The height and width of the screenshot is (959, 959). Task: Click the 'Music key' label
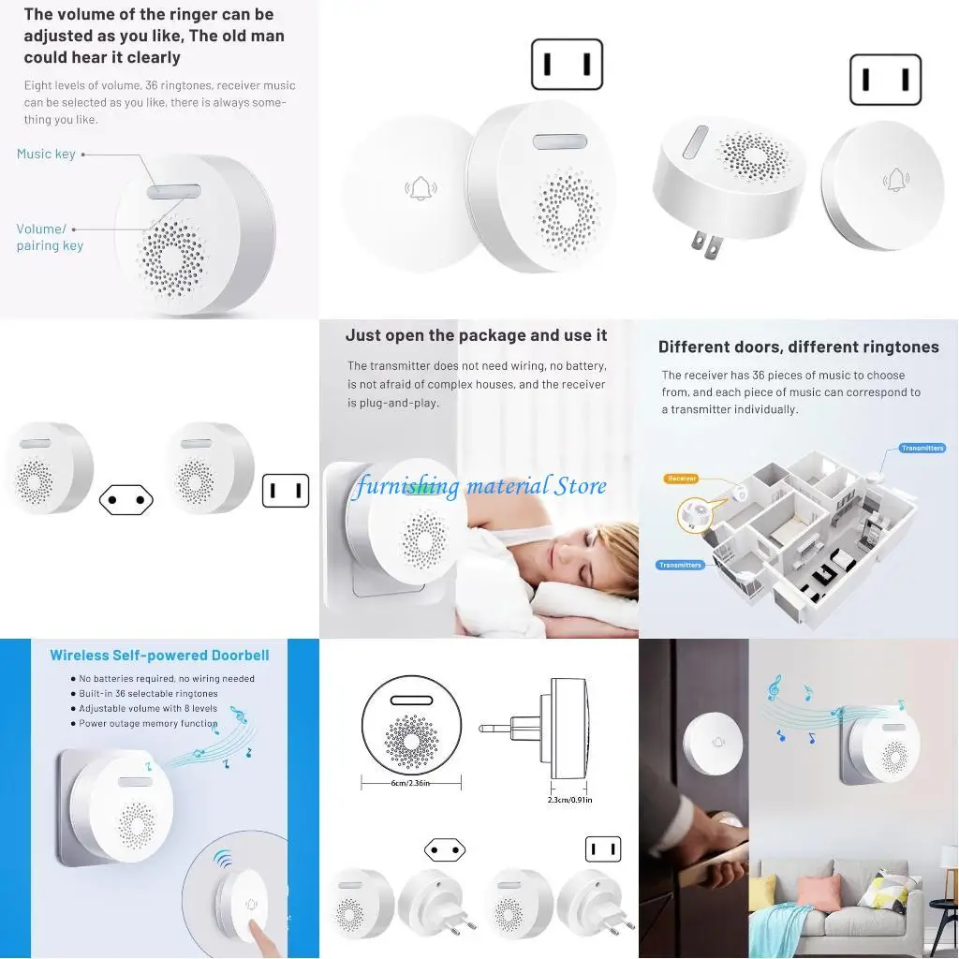[46, 154]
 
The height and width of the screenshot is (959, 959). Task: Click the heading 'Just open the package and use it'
[476, 335]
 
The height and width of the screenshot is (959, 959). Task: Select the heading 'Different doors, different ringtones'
[798, 347]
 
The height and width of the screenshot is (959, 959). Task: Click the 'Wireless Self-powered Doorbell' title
[159, 656]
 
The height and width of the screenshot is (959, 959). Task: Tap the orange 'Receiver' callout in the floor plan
[682, 479]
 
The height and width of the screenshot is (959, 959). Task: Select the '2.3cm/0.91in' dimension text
[569, 800]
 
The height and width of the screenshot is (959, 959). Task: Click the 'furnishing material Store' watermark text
[479, 486]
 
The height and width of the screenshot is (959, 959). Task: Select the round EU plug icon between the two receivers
[126, 500]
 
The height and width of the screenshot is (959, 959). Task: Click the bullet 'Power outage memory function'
[147, 724]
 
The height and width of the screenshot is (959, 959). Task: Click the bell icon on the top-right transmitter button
[896, 179]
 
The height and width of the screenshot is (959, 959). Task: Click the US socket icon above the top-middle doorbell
[567, 65]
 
